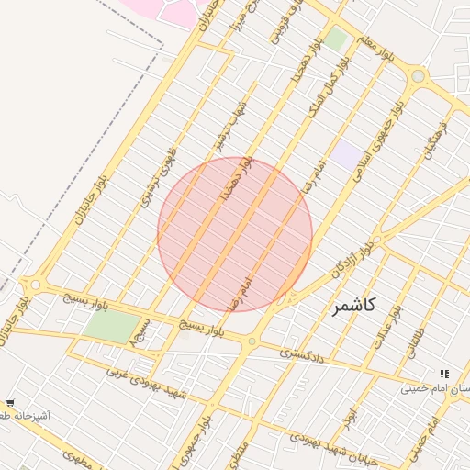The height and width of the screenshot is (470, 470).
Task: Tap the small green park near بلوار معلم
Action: [335, 39]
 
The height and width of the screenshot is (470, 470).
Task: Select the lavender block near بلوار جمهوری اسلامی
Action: [345, 154]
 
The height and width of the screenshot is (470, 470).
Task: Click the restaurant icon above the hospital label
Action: [444, 374]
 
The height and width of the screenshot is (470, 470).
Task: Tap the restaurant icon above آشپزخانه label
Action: [10, 402]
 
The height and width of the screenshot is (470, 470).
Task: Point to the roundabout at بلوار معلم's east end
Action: [419, 75]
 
